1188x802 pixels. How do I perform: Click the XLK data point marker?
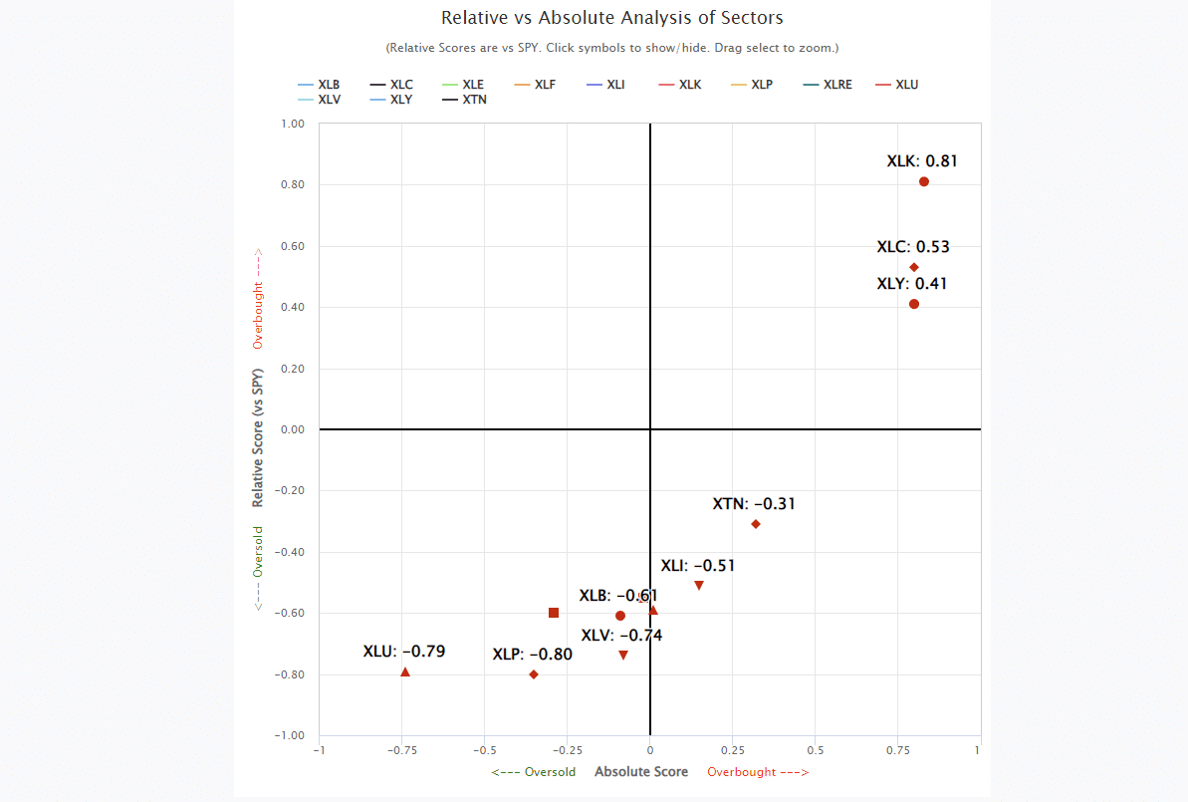(x=924, y=181)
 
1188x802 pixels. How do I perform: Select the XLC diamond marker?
(x=914, y=267)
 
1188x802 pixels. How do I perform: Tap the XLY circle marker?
(x=914, y=304)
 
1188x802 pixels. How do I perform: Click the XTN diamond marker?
(x=756, y=524)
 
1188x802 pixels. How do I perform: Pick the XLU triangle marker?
(x=405, y=672)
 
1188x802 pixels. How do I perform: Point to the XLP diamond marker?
(x=534, y=674)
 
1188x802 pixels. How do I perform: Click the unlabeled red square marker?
(x=554, y=613)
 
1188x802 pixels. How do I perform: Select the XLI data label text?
(x=698, y=566)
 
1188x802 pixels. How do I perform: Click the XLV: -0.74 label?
(x=621, y=636)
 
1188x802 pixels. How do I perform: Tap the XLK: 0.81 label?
(x=922, y=160)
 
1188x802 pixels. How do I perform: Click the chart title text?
(x=612, y=18)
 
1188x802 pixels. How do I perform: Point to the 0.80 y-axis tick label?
(x=292, y=185)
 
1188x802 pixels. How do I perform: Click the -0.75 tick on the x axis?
(x=401, y=750)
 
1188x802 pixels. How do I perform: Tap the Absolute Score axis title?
(x=641, y=772)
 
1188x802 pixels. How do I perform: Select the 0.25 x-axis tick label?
(x=732, y=750)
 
